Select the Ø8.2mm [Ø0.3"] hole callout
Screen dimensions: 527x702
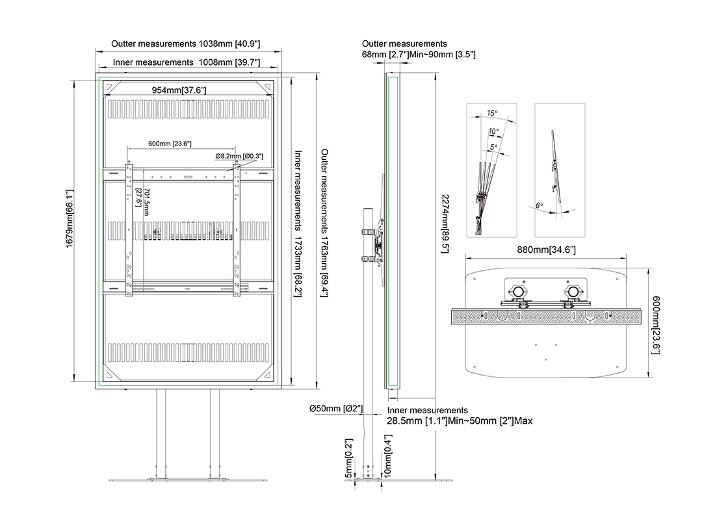tap(239, 157)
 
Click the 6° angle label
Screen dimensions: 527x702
tap(539, 205)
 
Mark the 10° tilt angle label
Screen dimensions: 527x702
tap(494, 132)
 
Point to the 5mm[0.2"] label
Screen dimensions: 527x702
tap(349, 459)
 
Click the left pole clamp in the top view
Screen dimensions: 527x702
tap(519, 294)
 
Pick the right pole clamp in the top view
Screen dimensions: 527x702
tap(573, 294)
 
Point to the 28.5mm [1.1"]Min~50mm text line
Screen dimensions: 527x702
tap(460, 421)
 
